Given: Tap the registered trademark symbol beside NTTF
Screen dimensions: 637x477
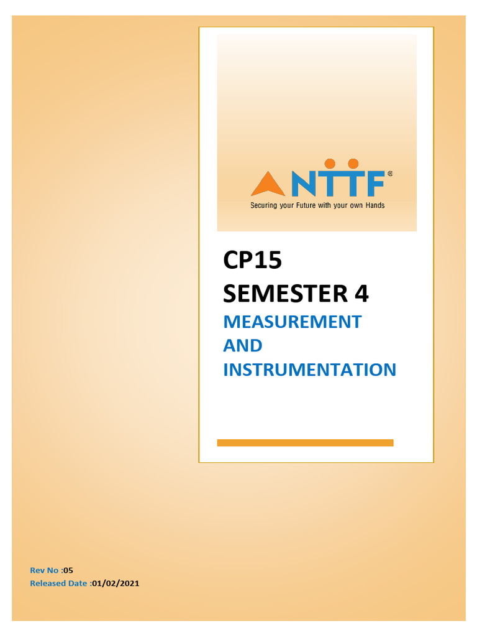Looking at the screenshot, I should [389, 175].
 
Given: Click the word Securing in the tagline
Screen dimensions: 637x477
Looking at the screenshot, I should [264, 205].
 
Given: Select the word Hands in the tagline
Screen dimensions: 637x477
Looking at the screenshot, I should [373, 205].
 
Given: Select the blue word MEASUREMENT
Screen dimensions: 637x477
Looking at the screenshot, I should [292, 322].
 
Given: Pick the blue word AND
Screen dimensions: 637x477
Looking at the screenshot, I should [242, 345].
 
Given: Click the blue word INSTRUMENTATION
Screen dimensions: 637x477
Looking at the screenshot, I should [309, 370].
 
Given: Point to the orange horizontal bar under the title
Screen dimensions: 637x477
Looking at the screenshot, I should [305, 442].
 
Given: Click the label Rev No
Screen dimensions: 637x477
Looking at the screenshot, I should [45, 570].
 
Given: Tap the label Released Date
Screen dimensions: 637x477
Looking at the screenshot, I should [59, 584].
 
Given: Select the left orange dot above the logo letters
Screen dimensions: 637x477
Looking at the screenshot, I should [330, 164].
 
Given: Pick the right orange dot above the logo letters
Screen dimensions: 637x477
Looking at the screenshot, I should [353, 164].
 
